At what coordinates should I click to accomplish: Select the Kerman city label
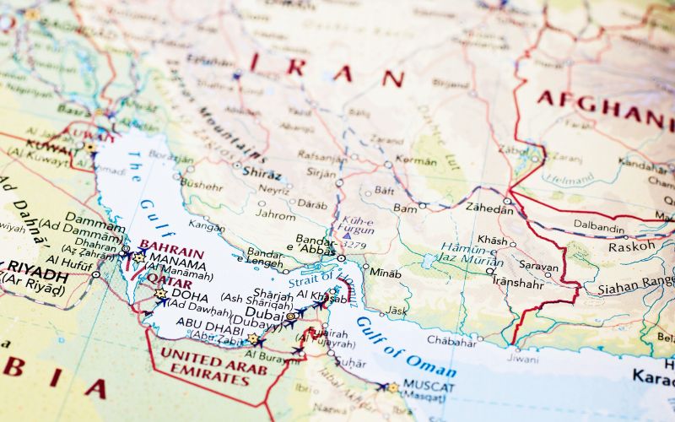click(417, 160)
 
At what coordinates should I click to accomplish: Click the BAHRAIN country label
click(171, 252)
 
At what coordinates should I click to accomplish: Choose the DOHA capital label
click(190, 294)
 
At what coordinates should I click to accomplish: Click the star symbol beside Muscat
click(392, 388)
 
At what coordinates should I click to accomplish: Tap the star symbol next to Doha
click(160, 294)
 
